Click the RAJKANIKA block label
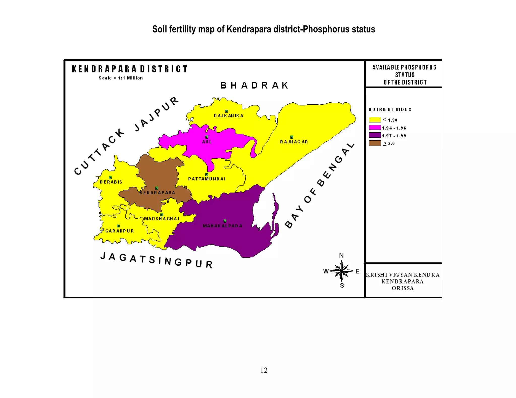pos(228,116)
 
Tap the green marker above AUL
pos(207,137)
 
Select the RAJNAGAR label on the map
pos(294,142)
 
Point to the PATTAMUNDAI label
pos(207,179)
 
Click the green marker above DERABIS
pos(110,178)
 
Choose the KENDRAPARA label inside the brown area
pos(157,193)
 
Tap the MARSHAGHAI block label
pos(162,219)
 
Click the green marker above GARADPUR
pos(118,226)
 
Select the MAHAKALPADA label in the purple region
pos(222,226)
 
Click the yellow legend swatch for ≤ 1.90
pos(375,120)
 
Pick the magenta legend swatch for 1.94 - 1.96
pos(375,128)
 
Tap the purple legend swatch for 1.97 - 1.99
pos(375,135)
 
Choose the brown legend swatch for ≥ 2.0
pos(375,143)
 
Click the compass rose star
pos(341,271)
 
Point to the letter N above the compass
pos(341,256)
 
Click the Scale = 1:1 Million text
pos(121,78)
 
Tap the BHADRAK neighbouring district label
pos(254,85)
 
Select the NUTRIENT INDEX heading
pos(390,109)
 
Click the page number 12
pos(264,370)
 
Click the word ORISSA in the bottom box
pos(403,288)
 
